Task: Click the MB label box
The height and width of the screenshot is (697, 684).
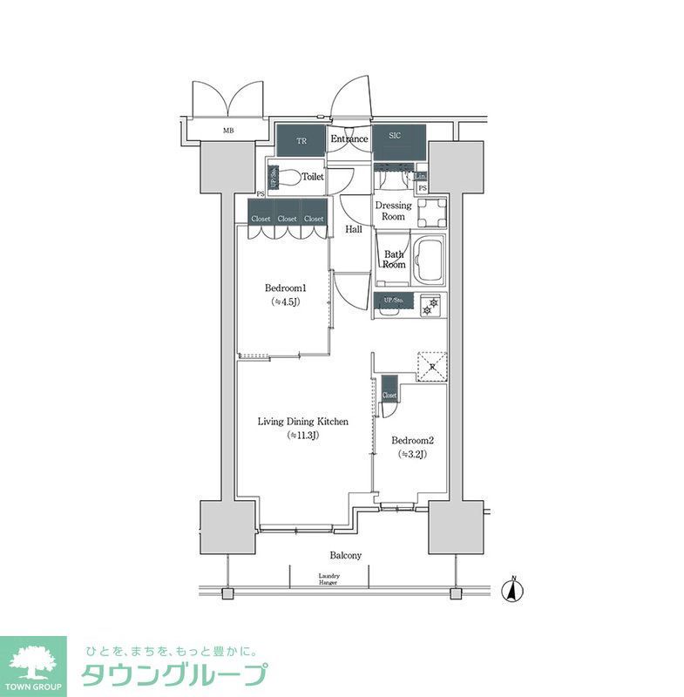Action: tap(228, 132)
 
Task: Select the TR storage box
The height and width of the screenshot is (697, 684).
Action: tap(301, 139)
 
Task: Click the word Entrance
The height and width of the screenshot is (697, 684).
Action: tap(349, 139)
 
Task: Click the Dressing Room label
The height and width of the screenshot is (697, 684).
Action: tap(393, 211)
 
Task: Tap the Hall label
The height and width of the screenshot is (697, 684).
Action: tap(354, 230)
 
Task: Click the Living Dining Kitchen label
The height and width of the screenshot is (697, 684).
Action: tap(302, 422)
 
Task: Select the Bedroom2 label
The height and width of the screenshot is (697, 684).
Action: tap(411, 441)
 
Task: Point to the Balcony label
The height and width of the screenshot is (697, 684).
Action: tap(345, 555)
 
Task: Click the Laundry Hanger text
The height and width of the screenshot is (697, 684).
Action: tap(328, 579)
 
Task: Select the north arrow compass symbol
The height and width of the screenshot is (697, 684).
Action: tap(515, 590)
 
